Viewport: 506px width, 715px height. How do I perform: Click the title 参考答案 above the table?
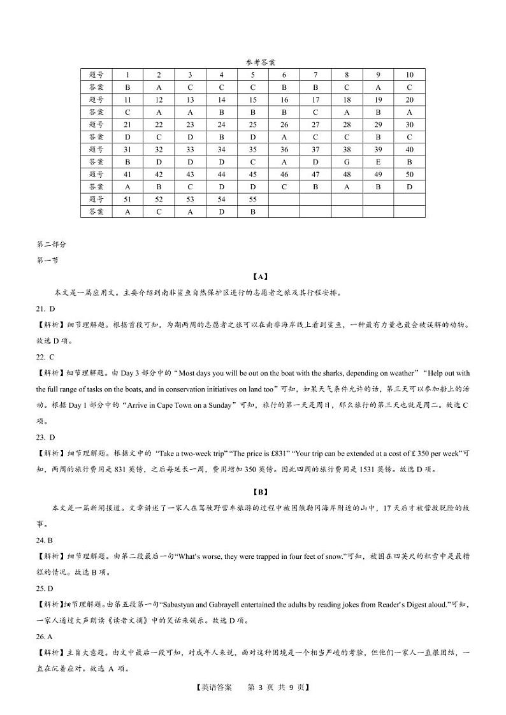coord(260,62)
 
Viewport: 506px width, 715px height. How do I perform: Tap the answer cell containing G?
coord(347,161)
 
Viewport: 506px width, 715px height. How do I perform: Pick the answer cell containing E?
coord(378,161)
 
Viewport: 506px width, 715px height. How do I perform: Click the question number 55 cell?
coord(253,198)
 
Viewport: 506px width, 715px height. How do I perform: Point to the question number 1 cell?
coord(127,75)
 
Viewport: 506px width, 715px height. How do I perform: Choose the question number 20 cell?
coord(409,99)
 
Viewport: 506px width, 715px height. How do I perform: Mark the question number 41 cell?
coord(127,174)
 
